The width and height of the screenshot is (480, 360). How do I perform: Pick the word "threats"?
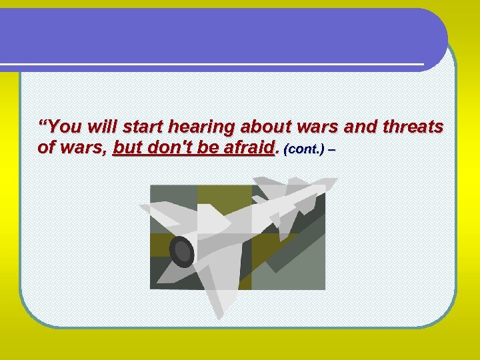click(413, 127)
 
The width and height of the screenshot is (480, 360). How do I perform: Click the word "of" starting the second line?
click(46, 147)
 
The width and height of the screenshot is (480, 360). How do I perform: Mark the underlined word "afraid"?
click(249, 147)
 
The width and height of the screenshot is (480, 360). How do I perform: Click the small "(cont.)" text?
click(304, 149)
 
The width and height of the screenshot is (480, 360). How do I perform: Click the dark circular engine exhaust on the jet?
click(181, 251)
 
